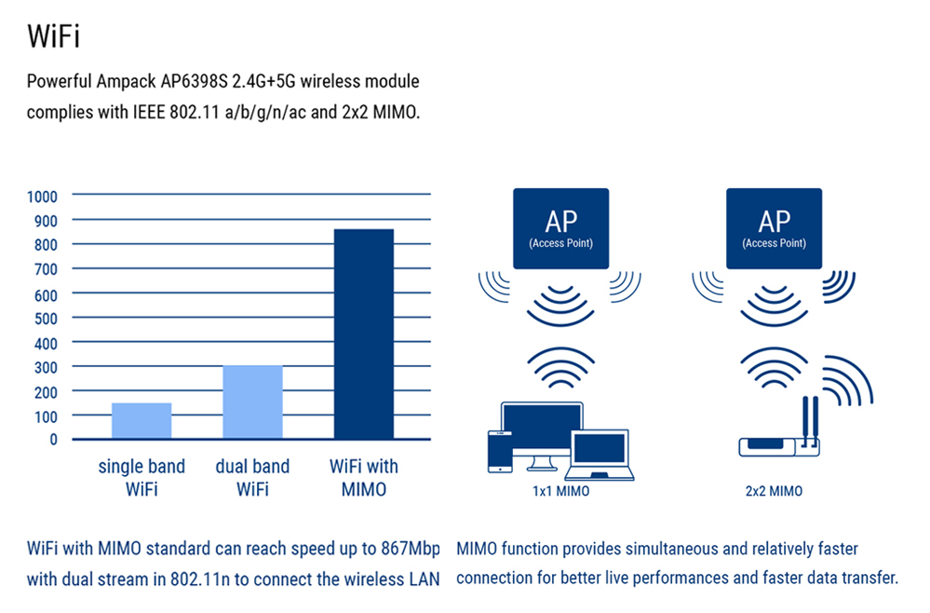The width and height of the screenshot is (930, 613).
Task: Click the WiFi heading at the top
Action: (54, 36)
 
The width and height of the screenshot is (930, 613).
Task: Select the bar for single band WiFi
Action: (142, 420)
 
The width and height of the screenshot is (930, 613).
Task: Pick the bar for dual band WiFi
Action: (252, 402)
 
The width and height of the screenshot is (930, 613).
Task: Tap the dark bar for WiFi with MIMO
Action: (363, 334)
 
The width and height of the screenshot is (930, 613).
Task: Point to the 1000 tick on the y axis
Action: (42, 197)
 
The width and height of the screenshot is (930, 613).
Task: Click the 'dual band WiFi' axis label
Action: (252, 478)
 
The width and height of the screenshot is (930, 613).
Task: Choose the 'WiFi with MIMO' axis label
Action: (364, 478)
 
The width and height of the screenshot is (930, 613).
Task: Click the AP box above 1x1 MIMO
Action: (561, 229)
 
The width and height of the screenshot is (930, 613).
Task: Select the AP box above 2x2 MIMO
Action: (774, 229)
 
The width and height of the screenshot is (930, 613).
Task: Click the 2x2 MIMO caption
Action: (773, 491)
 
